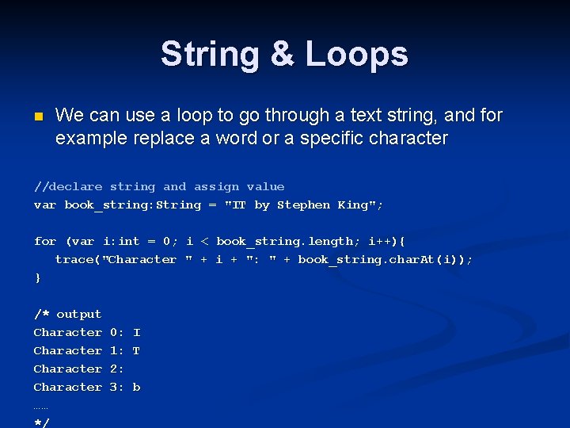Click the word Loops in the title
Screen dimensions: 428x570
point(357,54)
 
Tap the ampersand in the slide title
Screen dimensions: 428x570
point(282,54)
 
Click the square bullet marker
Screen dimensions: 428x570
point(38,117)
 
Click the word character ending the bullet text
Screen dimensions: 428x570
point(405,139)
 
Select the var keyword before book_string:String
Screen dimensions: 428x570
point(45,205)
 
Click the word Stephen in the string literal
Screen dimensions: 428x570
point(303,205)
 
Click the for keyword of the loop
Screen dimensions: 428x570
point(45,242)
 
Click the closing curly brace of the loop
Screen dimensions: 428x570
point(37,278)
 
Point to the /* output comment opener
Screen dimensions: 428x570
point(67,315)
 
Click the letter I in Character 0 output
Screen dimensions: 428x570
point(137,333)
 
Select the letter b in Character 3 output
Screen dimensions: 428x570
point(137,388)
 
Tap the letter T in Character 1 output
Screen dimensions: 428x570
point(137,351)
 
